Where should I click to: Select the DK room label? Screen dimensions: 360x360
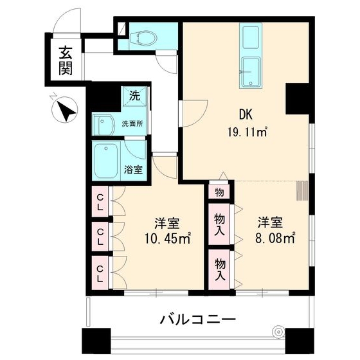[x=246, y=116]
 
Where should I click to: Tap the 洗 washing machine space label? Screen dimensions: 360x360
[x=134, y=96]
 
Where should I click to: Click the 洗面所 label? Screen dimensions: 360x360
[x=134, y=123]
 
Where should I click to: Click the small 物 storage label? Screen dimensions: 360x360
[x=219, y=192]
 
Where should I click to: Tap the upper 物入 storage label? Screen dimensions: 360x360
[x=220, y=222]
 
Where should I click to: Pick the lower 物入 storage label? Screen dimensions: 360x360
[x=220, y=267]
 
